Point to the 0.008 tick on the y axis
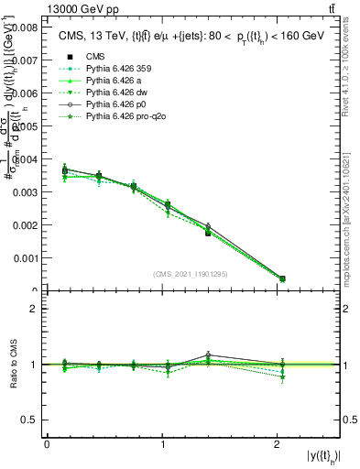[x=26, y=28]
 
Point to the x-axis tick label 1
[x=162, y=444]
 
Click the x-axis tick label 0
[x=47, y=444]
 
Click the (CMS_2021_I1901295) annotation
[x=191, y=274]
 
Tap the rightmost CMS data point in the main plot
[x=282, y=278]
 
